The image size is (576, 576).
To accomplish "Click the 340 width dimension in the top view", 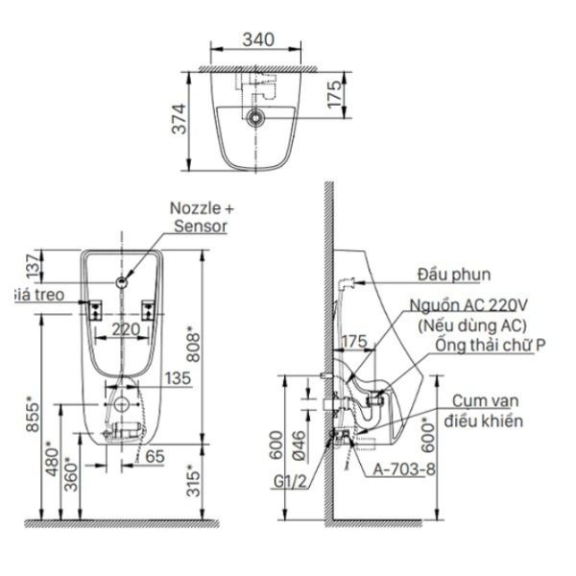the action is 258,39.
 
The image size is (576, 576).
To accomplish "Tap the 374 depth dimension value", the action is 180,119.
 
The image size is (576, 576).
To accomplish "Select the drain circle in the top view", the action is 254,117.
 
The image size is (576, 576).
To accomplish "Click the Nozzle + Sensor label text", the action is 202,217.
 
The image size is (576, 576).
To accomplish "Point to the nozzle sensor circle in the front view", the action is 122,282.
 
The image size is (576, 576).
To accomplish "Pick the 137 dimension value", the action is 33,265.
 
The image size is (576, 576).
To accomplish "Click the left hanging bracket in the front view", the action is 95,311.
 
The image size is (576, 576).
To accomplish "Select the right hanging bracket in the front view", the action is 148,311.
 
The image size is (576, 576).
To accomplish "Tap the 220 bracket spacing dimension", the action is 126,329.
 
